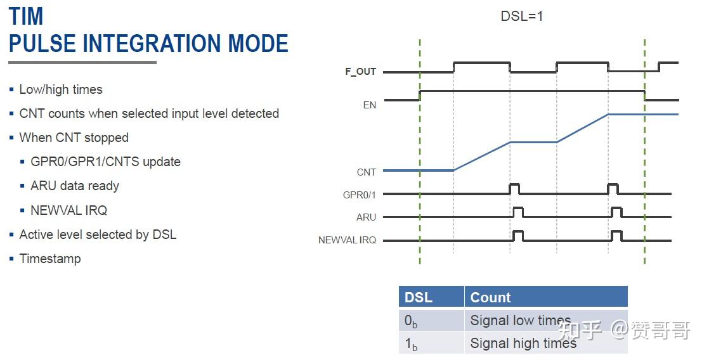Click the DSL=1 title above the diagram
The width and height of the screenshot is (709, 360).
521,16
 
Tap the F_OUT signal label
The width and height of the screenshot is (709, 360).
360,72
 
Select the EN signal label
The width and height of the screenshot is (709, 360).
369,105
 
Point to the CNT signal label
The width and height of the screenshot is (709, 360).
366,172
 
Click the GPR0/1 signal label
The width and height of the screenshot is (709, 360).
359,195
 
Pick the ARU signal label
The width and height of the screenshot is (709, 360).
366,217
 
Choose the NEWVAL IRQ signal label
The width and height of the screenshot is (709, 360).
347,240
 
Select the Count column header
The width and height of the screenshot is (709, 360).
490,297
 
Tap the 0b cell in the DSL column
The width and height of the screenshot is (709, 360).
411,321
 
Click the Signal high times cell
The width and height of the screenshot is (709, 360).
523,344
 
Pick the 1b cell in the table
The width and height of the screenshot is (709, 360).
411,344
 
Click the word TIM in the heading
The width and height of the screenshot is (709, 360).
26,16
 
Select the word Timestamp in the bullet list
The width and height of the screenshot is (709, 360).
50,259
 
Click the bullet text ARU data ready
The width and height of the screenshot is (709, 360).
75,186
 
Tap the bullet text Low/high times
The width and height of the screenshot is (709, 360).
61,89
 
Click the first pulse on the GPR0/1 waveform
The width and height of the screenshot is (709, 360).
514,188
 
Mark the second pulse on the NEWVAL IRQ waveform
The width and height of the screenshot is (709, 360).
616,235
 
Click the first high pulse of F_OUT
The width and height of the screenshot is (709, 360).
481,63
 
